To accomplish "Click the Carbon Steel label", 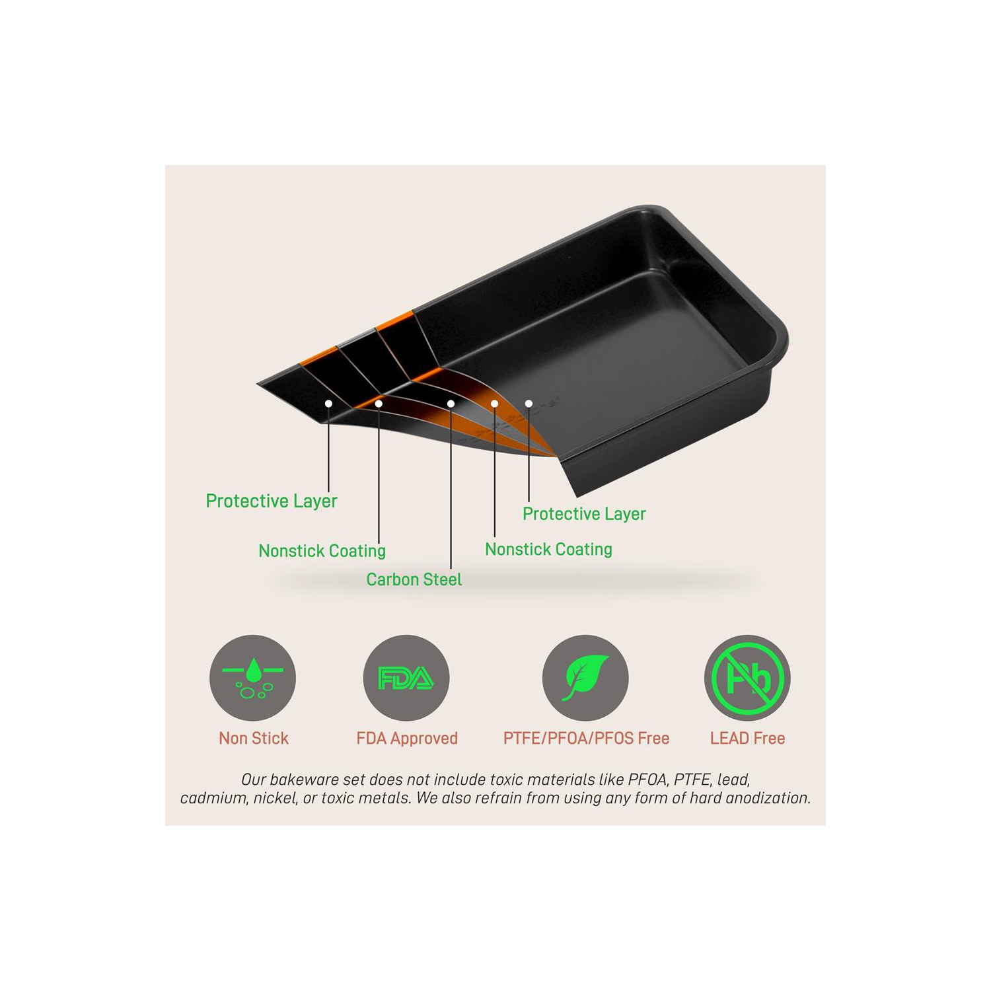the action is pos(414,579).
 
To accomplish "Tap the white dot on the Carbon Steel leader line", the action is pos(451,404).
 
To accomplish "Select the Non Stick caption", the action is pos(254,738).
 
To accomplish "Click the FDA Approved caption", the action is pos(407,739).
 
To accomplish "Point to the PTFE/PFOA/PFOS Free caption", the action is pos(586,738).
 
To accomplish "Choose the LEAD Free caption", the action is pos(747,738).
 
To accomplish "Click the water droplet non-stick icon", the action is pos(252,678).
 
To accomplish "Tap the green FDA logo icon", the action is pos(406,678).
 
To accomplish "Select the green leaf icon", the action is pos(585,678).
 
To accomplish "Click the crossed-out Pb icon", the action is pos(747,678).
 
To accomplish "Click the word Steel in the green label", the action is pos(443,579).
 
